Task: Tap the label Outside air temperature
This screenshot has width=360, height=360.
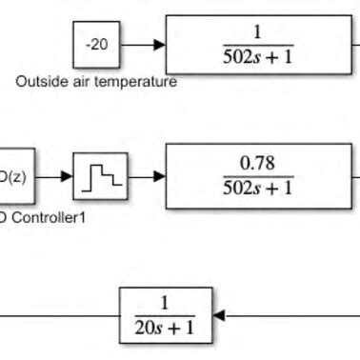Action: coord(96,82)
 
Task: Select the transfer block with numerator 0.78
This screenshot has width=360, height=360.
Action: coord(258,176)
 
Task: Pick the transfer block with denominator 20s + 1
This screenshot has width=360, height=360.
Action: coord(164,315)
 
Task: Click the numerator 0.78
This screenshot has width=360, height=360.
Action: coord(258,164)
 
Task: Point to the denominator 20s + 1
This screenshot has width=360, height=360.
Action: coord(164,329)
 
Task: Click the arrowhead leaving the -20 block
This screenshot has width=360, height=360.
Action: coord(159,44)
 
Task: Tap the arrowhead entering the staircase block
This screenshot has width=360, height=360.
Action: coord(70,176)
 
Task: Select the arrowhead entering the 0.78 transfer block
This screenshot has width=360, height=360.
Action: coord(159,176)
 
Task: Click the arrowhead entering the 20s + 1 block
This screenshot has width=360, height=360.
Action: coord(217,315)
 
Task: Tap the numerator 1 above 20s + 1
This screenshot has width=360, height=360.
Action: coord(164,303)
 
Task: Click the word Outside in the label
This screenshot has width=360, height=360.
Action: coord(39,82)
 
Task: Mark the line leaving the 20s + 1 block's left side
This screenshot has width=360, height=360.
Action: coord(57,315)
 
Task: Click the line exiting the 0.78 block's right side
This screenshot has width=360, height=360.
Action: coord(354,176)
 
